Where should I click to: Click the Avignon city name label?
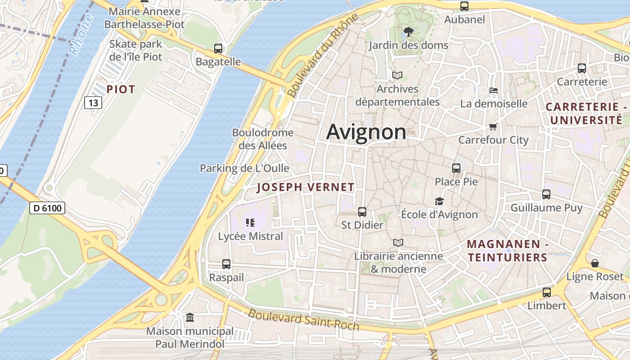tap(366, 132)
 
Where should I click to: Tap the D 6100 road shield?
tap(47, 208)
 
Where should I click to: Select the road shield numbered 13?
tap(93, 103)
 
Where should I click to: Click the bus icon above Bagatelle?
tap(218, 49)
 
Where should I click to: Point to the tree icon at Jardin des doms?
tap(408, 32)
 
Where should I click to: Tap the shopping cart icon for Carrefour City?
tap(493, 127)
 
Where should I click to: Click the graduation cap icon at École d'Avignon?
tap(439, 201)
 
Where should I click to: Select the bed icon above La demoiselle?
tap(494, 90)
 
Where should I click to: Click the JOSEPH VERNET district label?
tap(306, 188)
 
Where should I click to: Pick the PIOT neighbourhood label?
tap(121, 90)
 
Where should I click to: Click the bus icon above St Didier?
tap(362, 211)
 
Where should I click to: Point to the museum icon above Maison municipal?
tap(190, 318)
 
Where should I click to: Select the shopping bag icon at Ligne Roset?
tap(595, 263)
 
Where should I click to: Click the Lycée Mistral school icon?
tap(251, 222)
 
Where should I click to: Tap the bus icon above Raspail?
tap(226, 264)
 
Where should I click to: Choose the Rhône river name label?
tap(81, 35)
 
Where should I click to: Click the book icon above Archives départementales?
tap(397, 75)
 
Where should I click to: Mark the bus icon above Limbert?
tap(546, 292)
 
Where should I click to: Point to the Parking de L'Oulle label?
tap(244, 168)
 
